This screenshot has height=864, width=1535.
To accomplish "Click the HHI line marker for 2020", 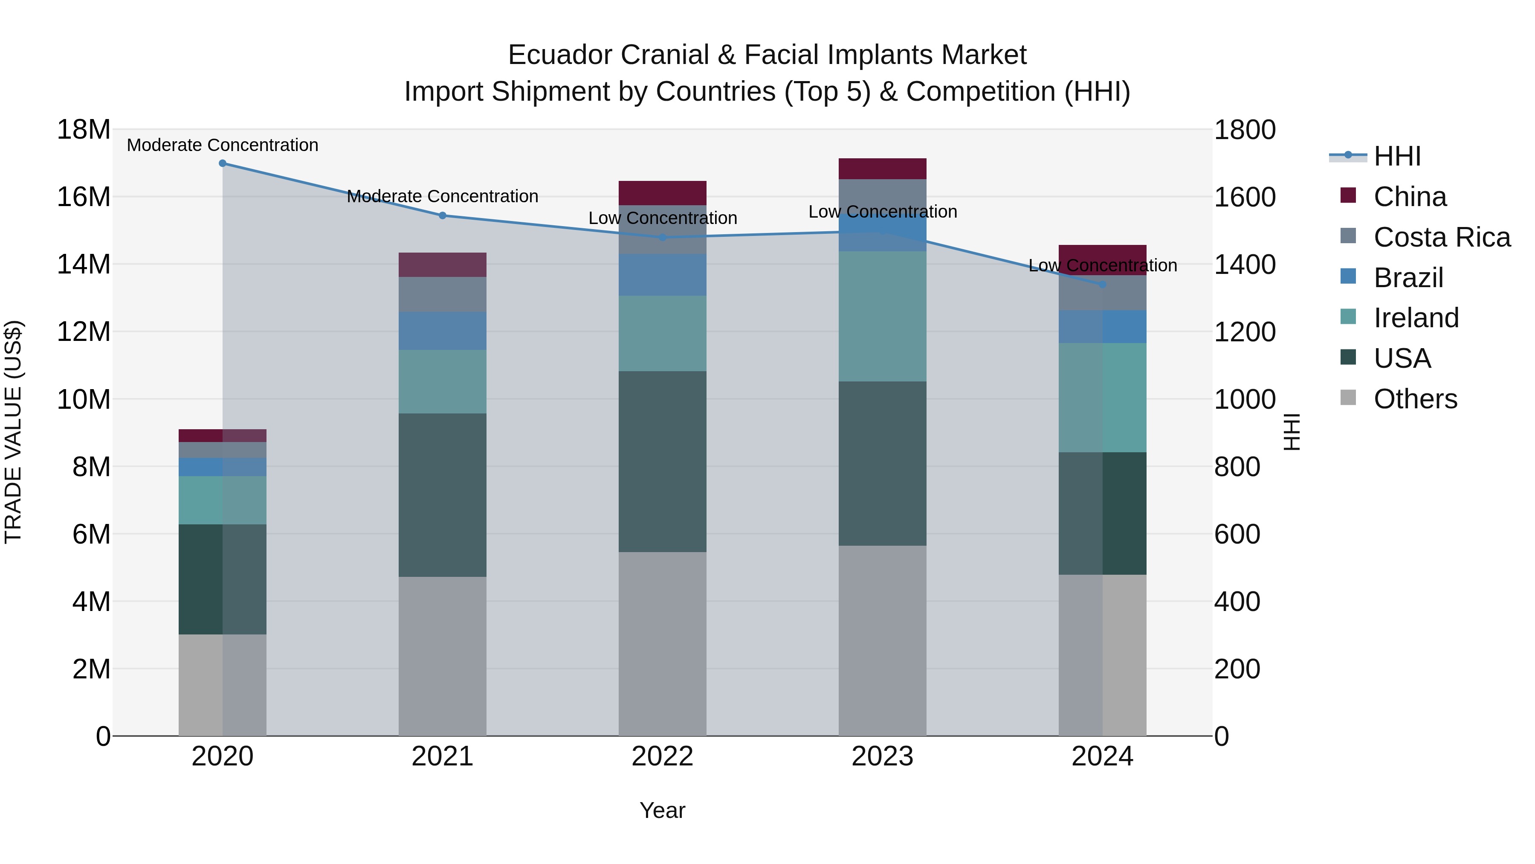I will [x=222, y=163].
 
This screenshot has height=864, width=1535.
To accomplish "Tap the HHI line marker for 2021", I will [x=442, y=216].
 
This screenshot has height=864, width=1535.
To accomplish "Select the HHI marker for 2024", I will [x=1102, y=285].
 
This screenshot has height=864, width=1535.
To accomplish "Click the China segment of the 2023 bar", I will [x=883, y=169].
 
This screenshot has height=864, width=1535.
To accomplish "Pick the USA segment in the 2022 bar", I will [x=662, y=462].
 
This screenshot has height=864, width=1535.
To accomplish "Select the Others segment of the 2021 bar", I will [x=442, y=656].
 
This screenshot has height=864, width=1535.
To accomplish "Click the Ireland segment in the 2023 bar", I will [x=883, y=316].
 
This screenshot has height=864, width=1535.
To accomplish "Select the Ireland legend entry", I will [x=1416, y=318].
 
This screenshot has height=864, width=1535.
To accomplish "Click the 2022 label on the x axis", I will [x=662, y=756].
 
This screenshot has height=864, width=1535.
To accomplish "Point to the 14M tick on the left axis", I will [x=84, y=264].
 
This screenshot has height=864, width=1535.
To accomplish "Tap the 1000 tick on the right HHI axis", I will [x=1245, y=399].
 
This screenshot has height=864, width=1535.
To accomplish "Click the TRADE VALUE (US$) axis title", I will [x=13, y=432].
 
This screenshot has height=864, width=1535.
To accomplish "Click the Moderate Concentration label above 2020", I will [x=222, y=145].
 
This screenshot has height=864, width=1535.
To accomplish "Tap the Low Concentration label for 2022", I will [x=662, y=218].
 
